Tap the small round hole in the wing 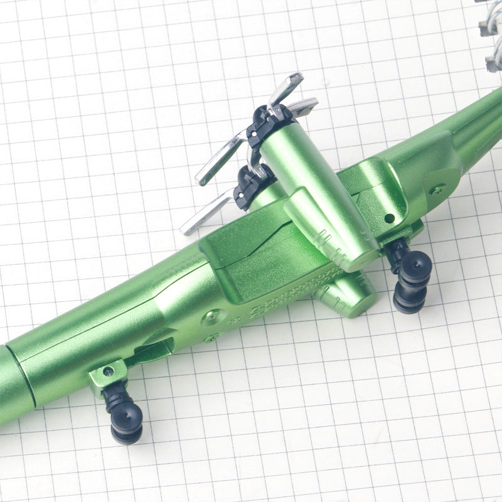(x=390, y=218)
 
